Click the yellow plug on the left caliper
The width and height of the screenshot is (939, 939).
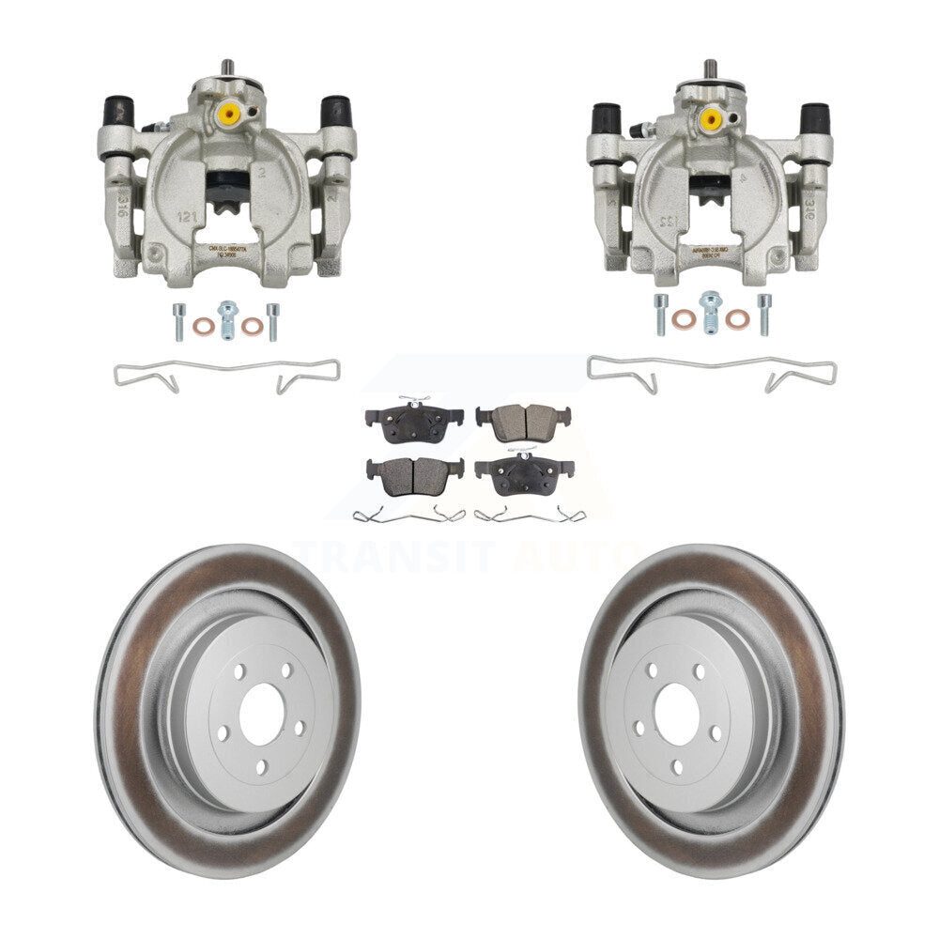(x=227, y=115)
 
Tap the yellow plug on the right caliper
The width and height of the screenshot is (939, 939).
(x=711, y=119)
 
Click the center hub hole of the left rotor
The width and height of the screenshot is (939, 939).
(x=260, y=714)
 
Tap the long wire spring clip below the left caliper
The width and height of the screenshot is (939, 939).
(x=226, y=375)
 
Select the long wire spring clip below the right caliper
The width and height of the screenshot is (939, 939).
(x=711, y=372)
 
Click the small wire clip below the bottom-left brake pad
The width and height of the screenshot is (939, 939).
(x=409, y=514)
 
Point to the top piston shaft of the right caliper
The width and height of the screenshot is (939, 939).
(x=710, y=69)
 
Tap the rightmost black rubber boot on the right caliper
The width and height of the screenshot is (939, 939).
(x=814, y=118)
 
